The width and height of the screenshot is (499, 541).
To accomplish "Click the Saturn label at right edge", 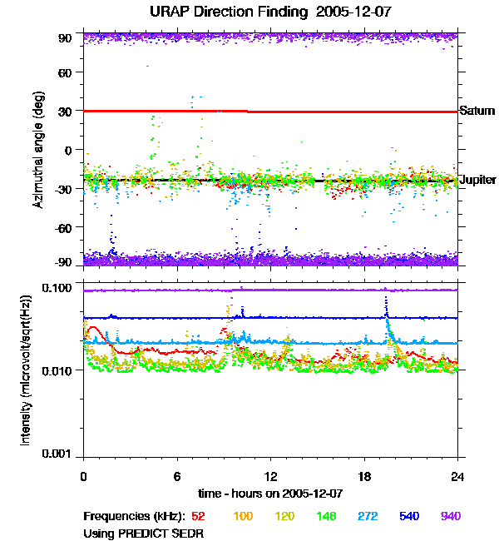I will [x=477, y=111].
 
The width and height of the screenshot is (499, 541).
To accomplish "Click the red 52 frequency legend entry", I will [x=199, y=517].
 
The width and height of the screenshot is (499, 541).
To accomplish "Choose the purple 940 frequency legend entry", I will [x=450, y=517].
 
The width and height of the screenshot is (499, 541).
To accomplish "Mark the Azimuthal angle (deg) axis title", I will [x=38, y=151].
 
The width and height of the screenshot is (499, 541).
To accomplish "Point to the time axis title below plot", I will [x=269, y=492].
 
